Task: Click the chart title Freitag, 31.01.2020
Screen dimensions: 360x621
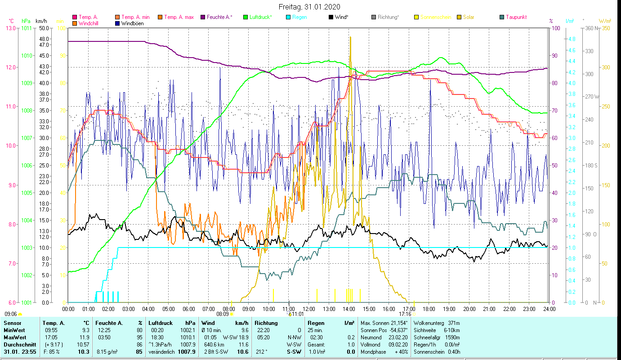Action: coord(309,7)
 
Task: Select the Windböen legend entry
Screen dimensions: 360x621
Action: coord(132,23)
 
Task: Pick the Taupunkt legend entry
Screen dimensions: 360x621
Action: coord(516,18)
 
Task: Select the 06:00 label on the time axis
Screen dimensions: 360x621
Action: coord(188,309)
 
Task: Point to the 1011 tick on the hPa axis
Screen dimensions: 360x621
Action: coord(26,28)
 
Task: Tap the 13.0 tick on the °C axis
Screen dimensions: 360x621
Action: coord(10,28)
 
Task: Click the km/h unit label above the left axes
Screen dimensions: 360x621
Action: coord(41,21)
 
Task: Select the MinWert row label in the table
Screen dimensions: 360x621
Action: coord(14,330)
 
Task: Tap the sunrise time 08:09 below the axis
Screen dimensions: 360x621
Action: coord(223,314)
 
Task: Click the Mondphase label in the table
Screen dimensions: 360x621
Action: coord(371,352)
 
